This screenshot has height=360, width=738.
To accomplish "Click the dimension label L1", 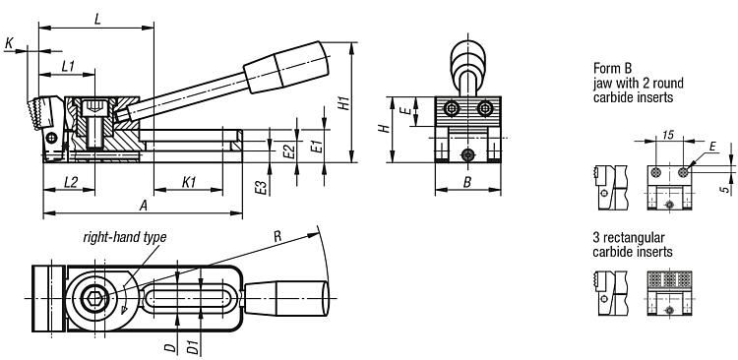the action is tap(68, 66).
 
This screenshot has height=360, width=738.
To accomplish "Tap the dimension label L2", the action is tap(71, 182).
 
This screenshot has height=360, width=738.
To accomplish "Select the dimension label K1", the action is tap(188, 182).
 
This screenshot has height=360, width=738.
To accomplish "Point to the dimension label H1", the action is tap(345, 103).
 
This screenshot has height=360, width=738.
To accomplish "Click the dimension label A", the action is tap(144, 206).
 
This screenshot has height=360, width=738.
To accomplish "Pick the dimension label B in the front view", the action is tap(466, 182).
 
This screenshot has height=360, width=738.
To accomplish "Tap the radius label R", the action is tap(277, 236).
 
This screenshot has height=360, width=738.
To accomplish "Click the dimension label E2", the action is tap(290, 151).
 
